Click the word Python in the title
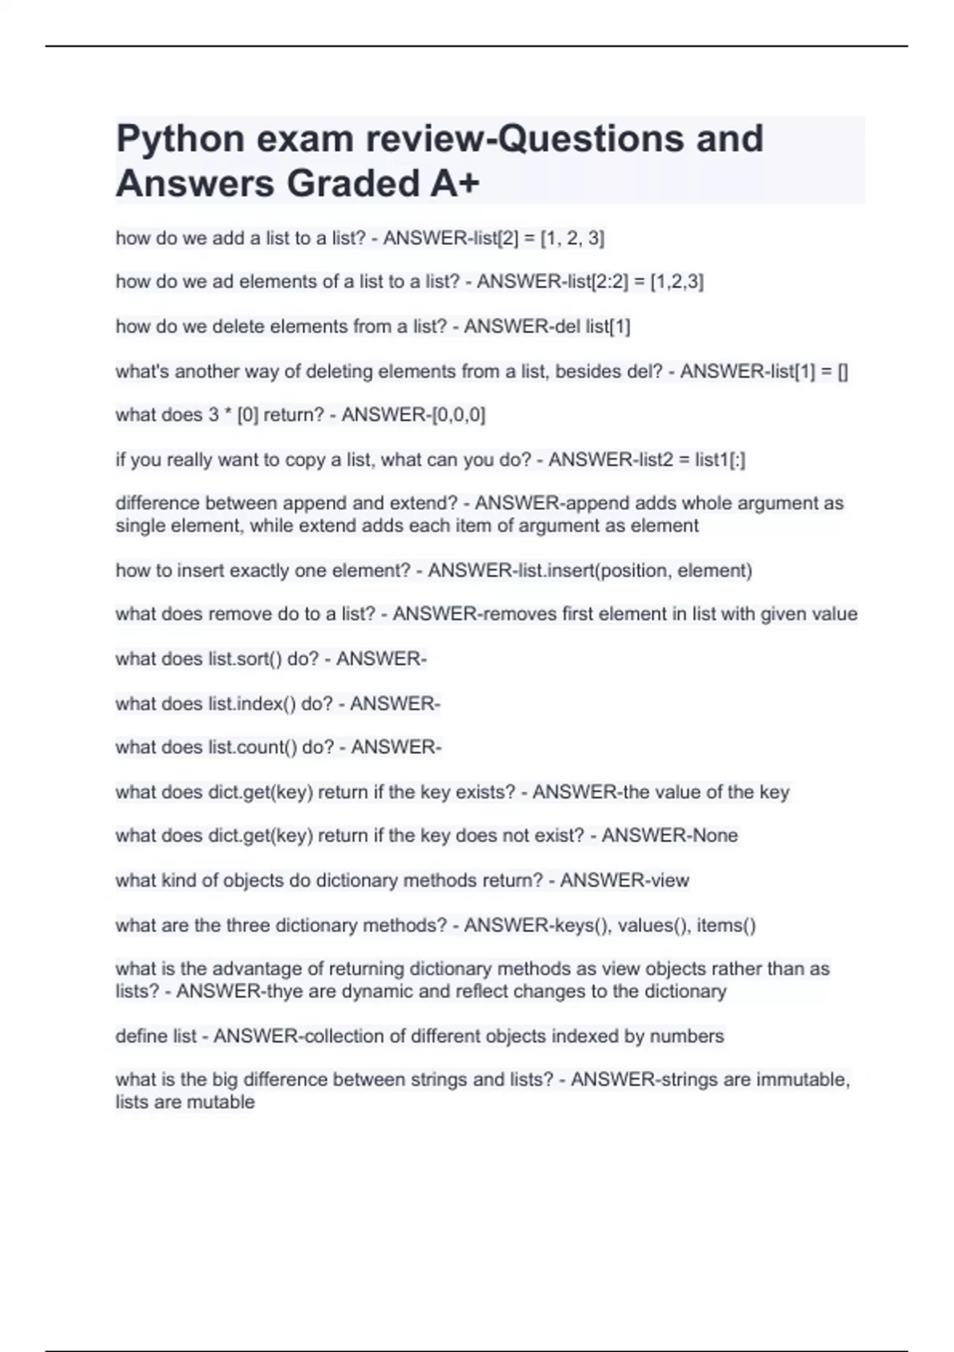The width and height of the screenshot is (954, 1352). [180, 140]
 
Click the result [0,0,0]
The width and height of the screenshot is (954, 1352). [458, 415]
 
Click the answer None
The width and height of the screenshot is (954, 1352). [715, 836]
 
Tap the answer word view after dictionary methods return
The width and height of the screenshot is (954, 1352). [670, 880]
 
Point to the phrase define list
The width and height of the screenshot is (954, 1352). [156, 1036]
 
